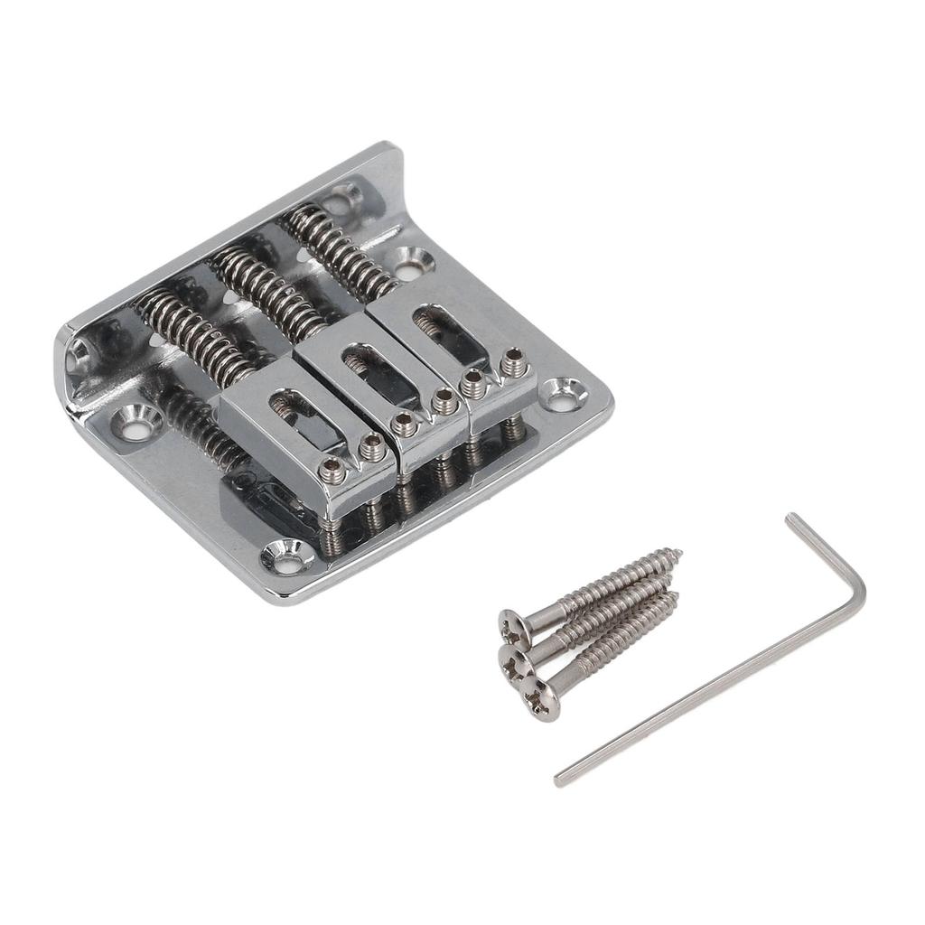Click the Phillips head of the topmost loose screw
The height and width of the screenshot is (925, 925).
pos(511,624)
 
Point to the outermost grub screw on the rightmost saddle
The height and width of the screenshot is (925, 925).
pos(514,365)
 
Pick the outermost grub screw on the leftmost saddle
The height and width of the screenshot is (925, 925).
pos(332,468)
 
